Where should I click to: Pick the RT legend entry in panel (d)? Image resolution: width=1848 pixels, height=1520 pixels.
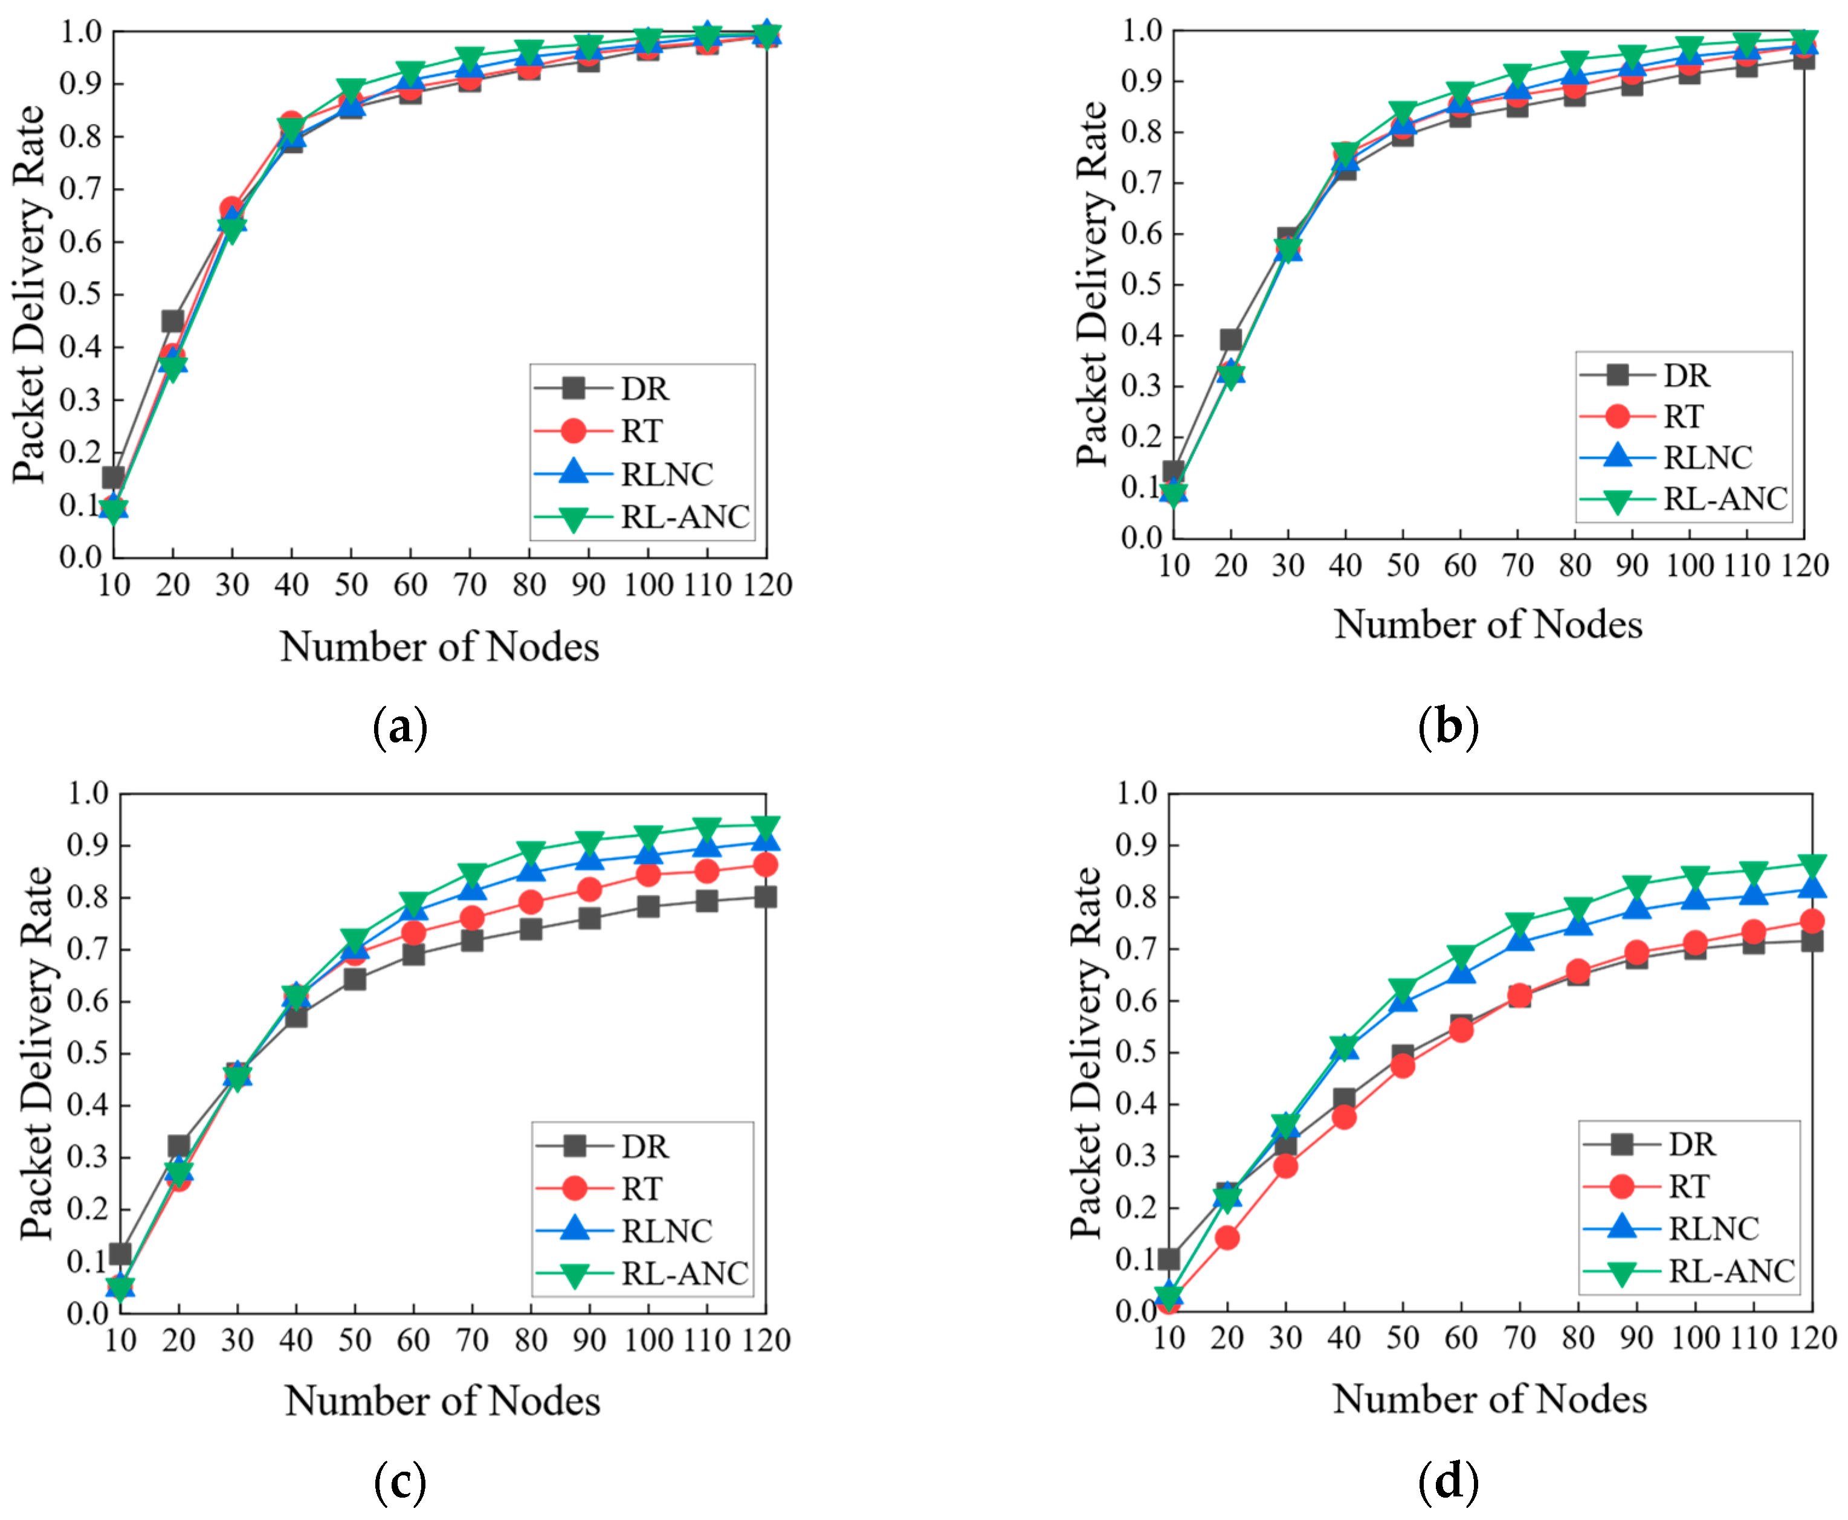(1688, 1187)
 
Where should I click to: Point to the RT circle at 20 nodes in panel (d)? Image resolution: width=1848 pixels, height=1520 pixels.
(1227, 1237)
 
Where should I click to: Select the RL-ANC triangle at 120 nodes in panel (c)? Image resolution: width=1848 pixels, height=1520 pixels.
(766, 828)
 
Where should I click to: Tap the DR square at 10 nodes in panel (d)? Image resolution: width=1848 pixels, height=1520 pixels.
(1168, 1259)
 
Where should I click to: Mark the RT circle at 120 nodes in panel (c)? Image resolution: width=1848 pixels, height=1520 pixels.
(766, 865)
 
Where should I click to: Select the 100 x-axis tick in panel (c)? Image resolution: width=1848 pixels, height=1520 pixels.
(648, 1341)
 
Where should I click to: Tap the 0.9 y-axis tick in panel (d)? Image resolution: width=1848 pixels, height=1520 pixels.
(1136, 845)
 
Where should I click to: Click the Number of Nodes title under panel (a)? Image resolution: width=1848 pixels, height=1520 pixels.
(440, 647)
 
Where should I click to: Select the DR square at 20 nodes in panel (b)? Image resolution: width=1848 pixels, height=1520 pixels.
(1230, 339)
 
